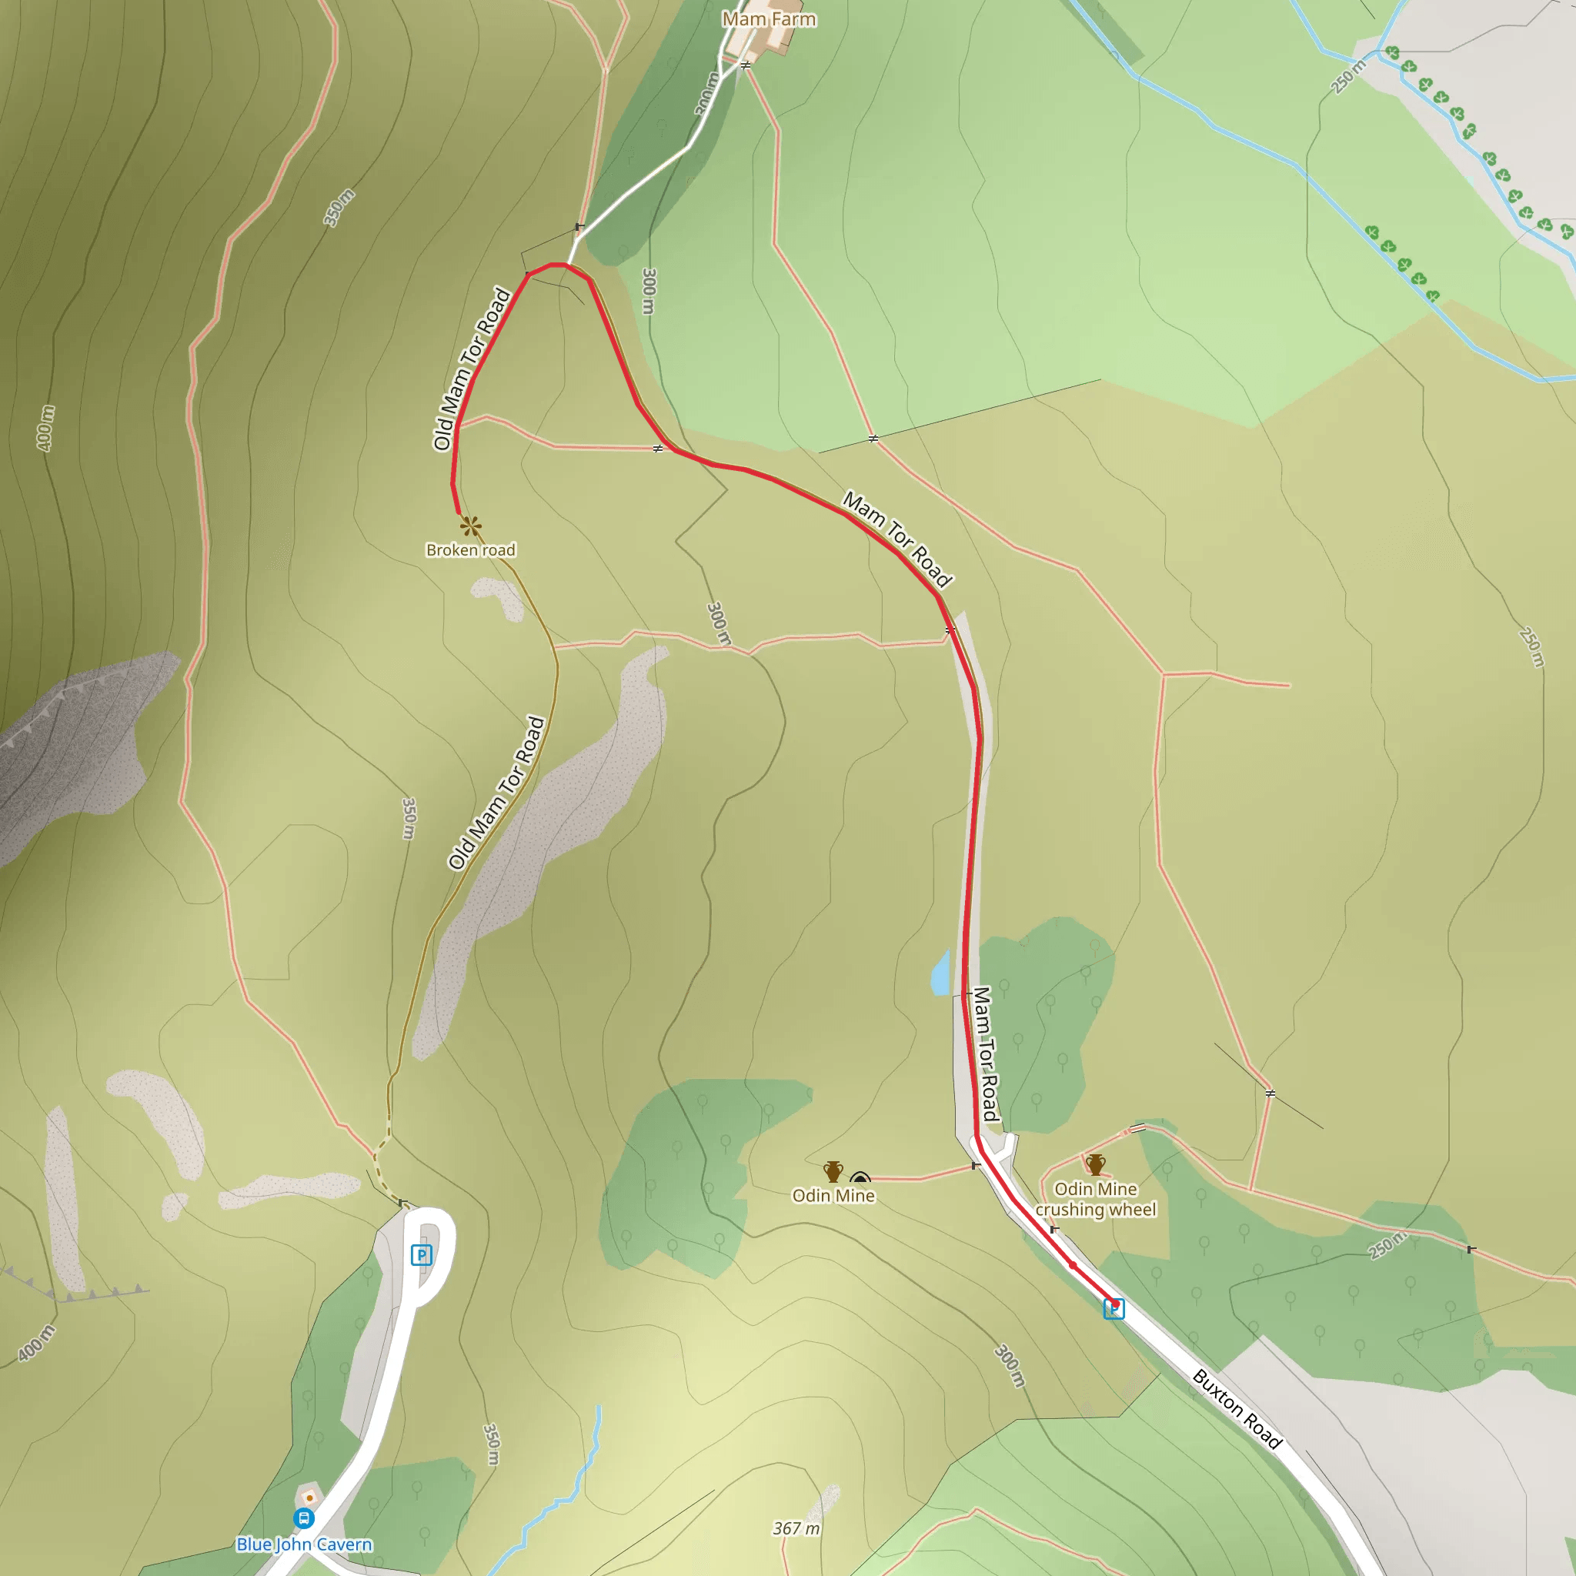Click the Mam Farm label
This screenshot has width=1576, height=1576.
(769, 18)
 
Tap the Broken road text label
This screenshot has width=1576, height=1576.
(471, 549)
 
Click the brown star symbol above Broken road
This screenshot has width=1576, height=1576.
(470, 526)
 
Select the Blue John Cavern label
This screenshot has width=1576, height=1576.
(303, 1544)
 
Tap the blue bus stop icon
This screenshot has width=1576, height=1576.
(303, 1518)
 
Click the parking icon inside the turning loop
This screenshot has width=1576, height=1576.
(421, 1254)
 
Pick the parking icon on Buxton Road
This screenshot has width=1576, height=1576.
(1114, 1309)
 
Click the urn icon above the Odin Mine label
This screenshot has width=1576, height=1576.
(833, 1171)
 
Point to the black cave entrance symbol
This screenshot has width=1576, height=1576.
(860, 1179)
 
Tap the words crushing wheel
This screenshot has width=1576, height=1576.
(1096, 1210)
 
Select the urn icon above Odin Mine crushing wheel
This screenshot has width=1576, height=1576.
(1096, 1164)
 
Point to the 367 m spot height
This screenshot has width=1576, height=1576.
(796, 1528)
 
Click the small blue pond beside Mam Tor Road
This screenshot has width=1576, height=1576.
(940, 973)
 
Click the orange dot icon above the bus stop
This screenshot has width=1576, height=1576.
(309, 1498)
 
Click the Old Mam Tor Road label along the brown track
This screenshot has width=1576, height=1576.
(496, 793)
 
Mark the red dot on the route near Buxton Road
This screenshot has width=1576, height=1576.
(1073, 1265)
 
